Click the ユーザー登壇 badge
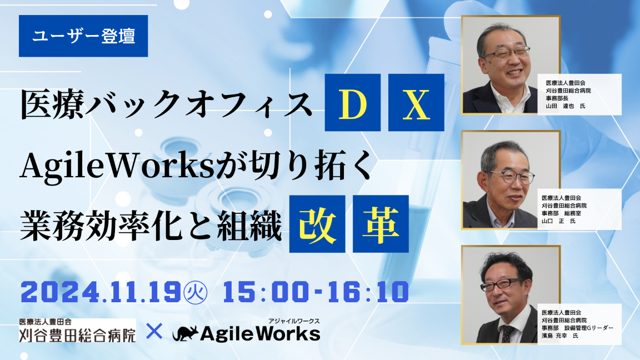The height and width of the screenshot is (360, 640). click(x=83, y=36)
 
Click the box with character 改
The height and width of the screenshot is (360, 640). click(x=317, y=223)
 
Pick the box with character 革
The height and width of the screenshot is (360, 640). click(x=381, y=223)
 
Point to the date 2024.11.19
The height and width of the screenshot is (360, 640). click(x=100, y=292)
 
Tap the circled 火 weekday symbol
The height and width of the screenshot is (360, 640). click(x=195, y=292)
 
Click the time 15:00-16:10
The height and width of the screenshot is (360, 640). click(x=316, y=292)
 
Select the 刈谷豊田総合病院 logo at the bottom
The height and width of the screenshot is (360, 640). click(x=77, y=334)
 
